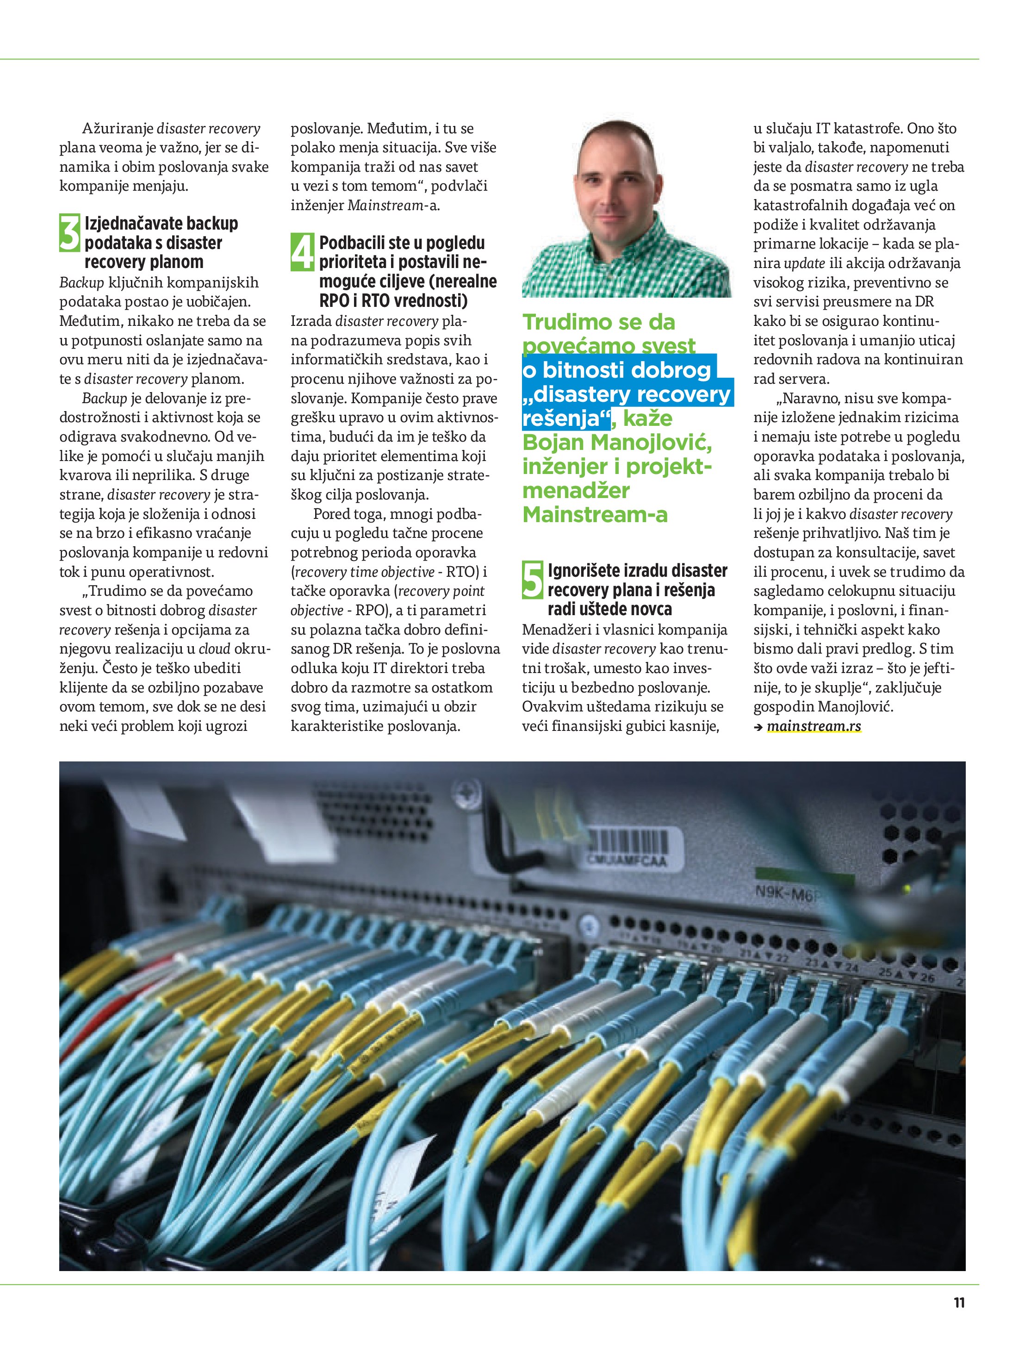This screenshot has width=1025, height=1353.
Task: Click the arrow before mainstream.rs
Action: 758,727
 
